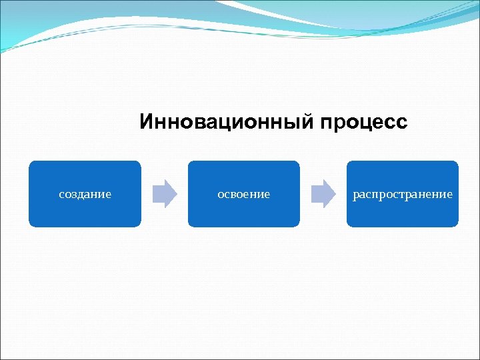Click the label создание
click(x=85, y=195)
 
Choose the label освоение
click(x=243, y=195)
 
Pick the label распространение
click(x=402, y=195)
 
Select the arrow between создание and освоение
click(x=165, y=194)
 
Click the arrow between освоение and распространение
click(x=323, y=194)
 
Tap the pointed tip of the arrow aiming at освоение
click(x=177, y=194)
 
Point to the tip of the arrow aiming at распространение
click(x=335, y=194)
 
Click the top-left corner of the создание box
click(x=30, y=162)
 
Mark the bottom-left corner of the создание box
click(x=30, y=225)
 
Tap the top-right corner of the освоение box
click(x=298, y=162)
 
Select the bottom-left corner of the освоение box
click(x=189, y=225)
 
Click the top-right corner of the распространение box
click(x=457, y=162)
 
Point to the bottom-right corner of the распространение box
click(x=457, y=225)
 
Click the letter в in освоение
click(x=235, y=195)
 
